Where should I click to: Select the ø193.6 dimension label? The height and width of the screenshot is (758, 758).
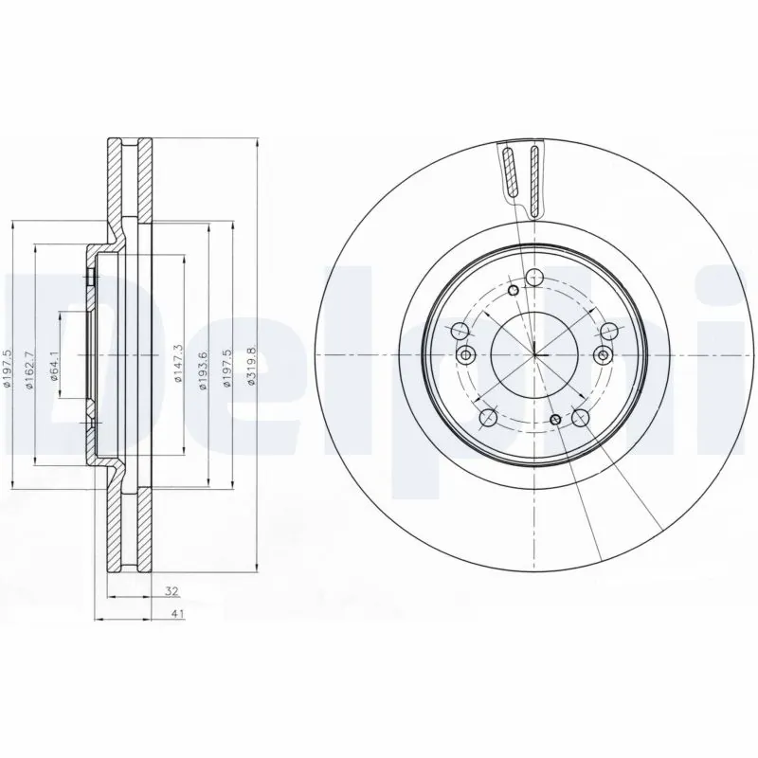[x=202, y=370]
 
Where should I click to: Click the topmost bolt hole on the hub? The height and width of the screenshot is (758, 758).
[x=534, y=278]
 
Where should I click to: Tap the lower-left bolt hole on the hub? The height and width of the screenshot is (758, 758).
[x=489, y=417]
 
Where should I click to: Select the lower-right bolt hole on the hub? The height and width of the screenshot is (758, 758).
[x=580, y=417]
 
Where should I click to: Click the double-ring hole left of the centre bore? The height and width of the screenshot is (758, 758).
[x=464, y=354]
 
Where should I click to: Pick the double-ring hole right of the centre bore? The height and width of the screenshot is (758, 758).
[x=605, y=354]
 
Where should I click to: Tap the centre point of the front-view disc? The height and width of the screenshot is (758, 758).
[x=534, y=354]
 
